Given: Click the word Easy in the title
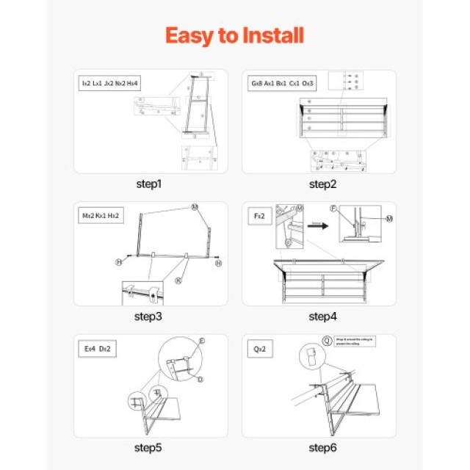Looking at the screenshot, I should coord(188,35).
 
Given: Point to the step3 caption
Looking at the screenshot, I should coord(149,317).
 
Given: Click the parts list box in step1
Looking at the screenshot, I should coord(109,84).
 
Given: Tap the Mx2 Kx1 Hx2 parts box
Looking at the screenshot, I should coord(102,216).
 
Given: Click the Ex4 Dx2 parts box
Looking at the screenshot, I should coord(95,349).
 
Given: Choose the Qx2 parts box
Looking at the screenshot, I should coord(260,349).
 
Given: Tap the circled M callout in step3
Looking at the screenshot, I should coord(195,207).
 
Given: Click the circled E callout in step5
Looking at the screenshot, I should coord(202,341).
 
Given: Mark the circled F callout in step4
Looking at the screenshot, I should coord(334,209).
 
